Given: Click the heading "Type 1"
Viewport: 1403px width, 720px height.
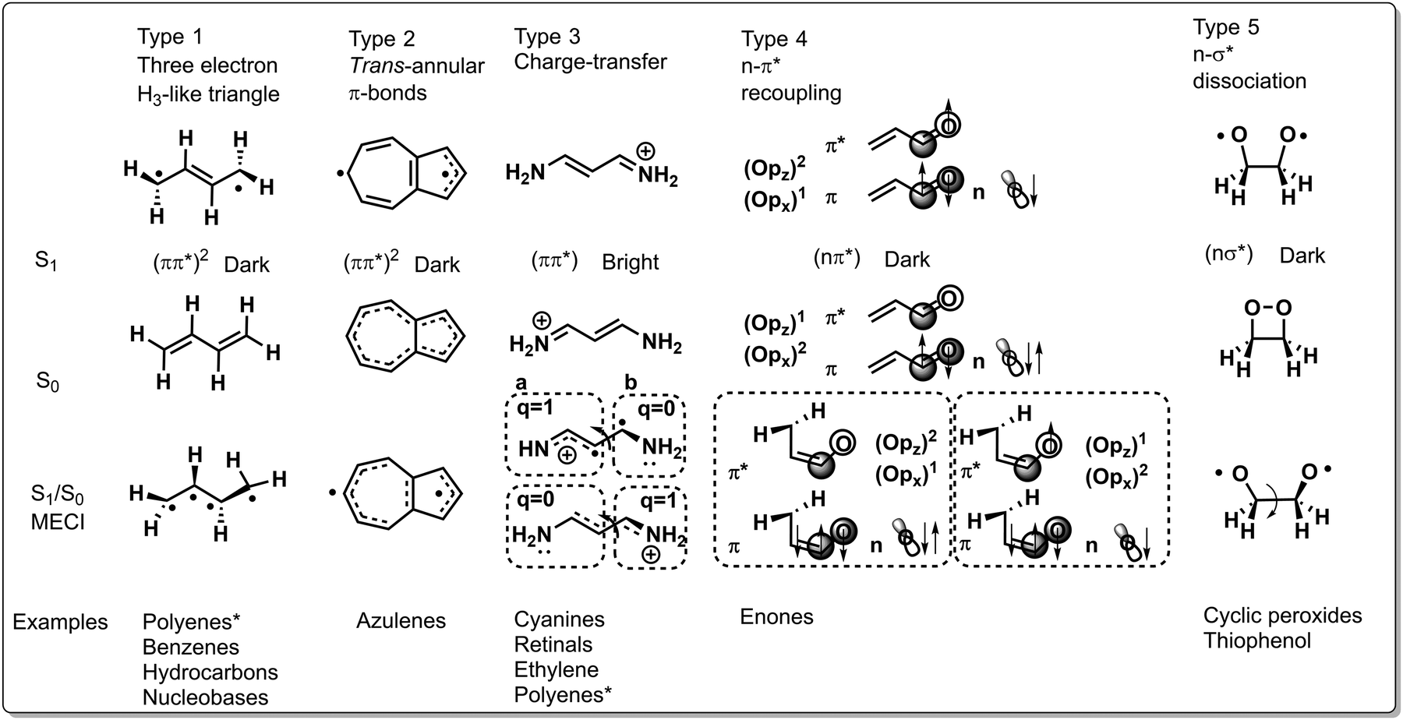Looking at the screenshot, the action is pos(170,37).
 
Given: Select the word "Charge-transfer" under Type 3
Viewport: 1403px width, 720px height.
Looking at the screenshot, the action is pos(591,62).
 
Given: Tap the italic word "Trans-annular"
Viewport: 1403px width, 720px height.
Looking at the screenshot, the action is pos(417,65).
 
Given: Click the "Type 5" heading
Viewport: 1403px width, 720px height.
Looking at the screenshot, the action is pos(1226,27).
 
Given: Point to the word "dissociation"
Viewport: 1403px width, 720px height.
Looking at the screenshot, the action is pos(1249,81).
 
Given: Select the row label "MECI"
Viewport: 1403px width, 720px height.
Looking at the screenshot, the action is pos(58,522).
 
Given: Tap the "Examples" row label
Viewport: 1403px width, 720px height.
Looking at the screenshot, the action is pos(60,623).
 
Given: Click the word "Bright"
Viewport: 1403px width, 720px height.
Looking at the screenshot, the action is pos(631,263).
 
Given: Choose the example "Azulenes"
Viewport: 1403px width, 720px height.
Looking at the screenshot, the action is pos(401,621).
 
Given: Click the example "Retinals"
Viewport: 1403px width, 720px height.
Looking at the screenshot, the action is pos(553,644).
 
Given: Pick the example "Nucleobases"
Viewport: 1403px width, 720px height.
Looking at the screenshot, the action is pos(206,697).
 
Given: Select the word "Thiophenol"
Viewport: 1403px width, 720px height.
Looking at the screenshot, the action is pos(1257,641).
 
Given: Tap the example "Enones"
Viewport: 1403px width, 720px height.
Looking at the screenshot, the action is pos(777,617).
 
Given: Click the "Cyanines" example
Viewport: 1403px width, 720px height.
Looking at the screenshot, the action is pos(560,619).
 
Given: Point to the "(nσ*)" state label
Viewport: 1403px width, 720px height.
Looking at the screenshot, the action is pos(1228,254).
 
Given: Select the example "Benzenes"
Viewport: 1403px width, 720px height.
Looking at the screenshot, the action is pos(191,647).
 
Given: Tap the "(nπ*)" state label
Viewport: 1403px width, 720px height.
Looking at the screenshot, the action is pos(836,258).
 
